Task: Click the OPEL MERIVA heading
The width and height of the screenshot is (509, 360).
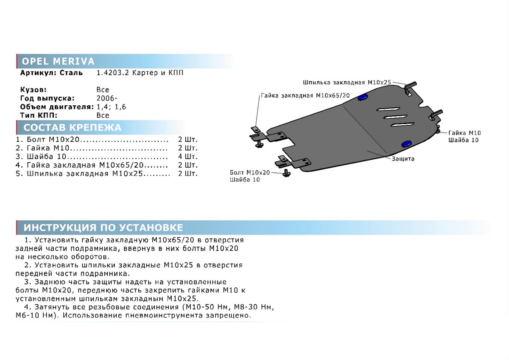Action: (x=58, y=61)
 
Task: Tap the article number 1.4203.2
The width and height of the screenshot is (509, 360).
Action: (x=112, y=73)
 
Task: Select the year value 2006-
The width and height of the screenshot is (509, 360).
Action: (x=107, y=98)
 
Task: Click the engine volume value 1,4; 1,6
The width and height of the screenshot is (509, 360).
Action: (x=111, y=107)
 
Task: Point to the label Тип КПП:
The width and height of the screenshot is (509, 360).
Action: (x=39, y=115)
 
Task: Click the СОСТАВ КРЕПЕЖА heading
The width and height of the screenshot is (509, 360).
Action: (x=72, y=127)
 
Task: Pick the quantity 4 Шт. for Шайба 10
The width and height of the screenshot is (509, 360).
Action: (x=187, y=157)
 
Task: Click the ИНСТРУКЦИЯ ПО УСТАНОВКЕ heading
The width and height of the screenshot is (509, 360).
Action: (x=103, y=228)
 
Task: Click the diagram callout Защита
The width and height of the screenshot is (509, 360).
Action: (x=403, y=159)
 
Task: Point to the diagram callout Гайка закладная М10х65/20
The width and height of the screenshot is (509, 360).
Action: (x=305, y=96)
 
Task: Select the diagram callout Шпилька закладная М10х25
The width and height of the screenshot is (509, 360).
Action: (x=347, y=82)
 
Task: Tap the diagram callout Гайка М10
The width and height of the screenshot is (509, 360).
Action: (x=464, y=133)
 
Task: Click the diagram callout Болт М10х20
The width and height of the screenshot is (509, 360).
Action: (x=250, y=172)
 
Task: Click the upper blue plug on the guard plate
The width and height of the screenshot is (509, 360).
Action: (x=363, y=97)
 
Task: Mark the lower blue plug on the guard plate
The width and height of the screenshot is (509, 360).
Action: (x=406, y=144)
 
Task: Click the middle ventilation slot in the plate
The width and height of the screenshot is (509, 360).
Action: (x=396, y=117)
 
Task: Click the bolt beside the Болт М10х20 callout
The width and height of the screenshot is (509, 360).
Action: (x=287, y=174)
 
